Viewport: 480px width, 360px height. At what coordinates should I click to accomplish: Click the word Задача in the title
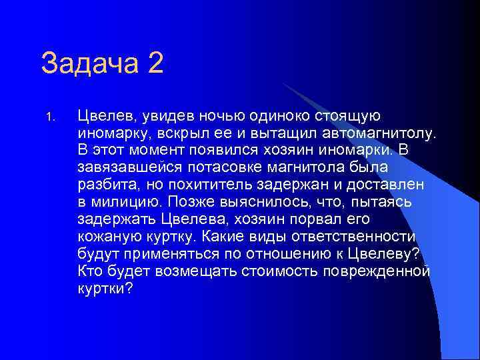(90, 65)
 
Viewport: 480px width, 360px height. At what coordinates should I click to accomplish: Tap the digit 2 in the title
(155, 65)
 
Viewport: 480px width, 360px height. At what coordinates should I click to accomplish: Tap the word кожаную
(107, 237)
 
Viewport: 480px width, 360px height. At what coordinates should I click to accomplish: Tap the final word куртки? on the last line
(105, 289)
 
